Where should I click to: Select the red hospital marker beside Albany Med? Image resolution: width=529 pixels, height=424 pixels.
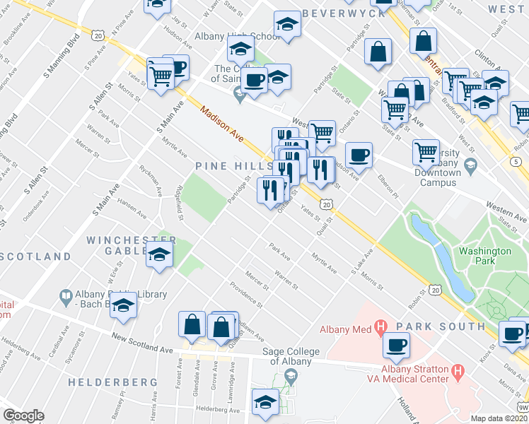(380, 327)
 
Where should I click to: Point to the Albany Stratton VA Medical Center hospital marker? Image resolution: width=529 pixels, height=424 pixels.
(458, 370)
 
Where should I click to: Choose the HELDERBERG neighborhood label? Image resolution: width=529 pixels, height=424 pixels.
(112, 382)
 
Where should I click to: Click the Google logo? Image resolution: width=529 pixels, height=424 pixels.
(23, 416)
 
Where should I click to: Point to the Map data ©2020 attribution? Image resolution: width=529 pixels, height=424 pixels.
(499, 418)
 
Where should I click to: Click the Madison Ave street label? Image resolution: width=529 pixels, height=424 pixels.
(223, 124)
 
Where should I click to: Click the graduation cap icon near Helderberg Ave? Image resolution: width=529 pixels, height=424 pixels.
(265, 401)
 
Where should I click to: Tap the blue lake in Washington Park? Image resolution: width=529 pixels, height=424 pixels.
(442, 254)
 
